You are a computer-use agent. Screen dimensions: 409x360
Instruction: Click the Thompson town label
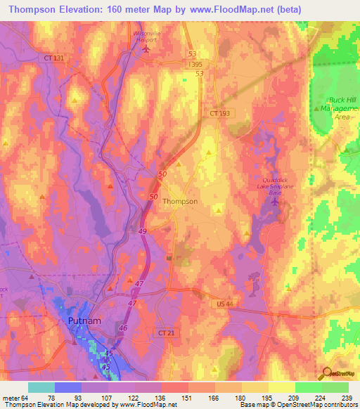(180, 201)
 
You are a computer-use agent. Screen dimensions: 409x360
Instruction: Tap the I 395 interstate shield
(195, 64)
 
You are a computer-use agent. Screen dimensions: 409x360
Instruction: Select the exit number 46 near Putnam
(124, 327)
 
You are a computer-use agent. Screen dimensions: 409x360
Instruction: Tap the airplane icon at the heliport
(146, 49)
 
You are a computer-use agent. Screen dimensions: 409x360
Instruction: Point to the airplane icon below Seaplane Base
(274, 202)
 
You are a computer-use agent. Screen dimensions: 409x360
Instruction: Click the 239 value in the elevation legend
(347, 398)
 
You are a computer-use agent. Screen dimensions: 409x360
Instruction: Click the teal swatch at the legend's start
(41, 387)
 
